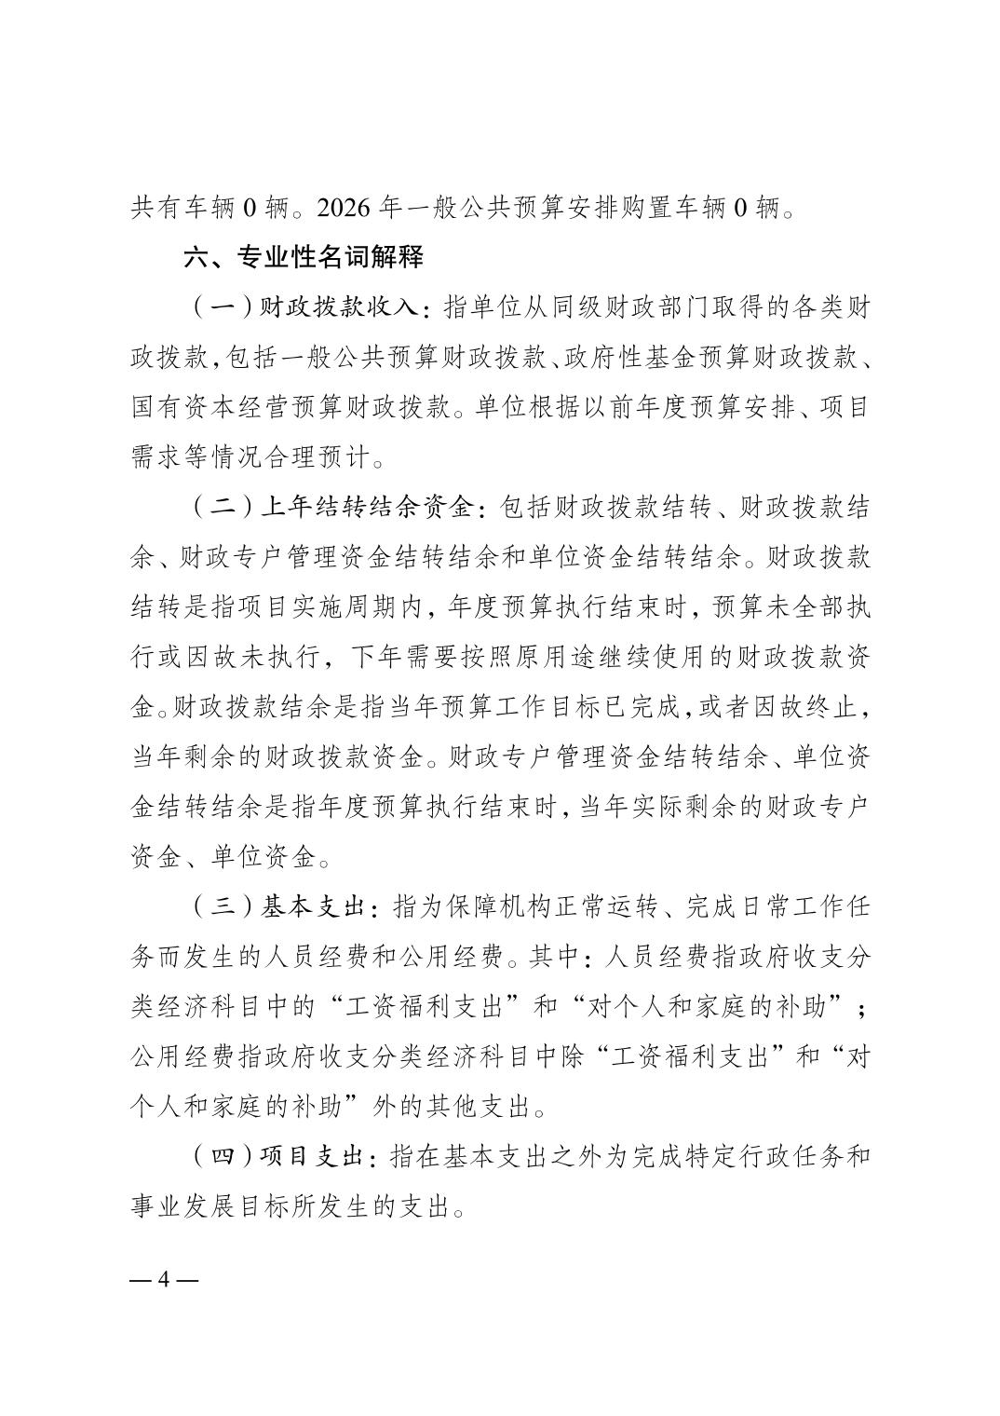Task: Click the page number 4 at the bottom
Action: click(x=164, y=1278)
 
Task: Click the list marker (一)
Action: click(x=222, y=306)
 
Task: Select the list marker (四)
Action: click(x=222, y=1157)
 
